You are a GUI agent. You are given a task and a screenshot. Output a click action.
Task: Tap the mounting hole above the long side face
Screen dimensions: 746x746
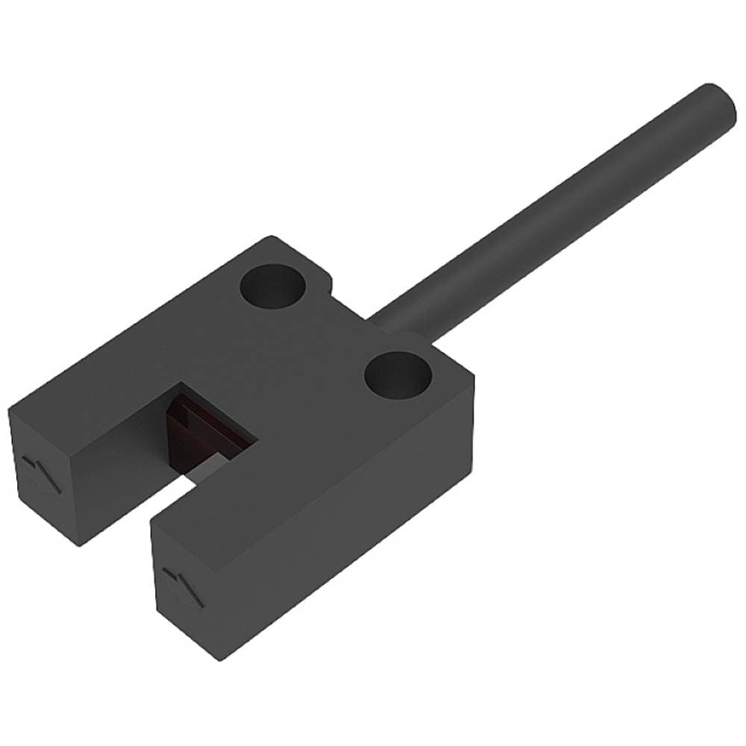(x=399, y=374)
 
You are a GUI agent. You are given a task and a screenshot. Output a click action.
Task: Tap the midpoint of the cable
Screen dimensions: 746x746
(x=552, y=213)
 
